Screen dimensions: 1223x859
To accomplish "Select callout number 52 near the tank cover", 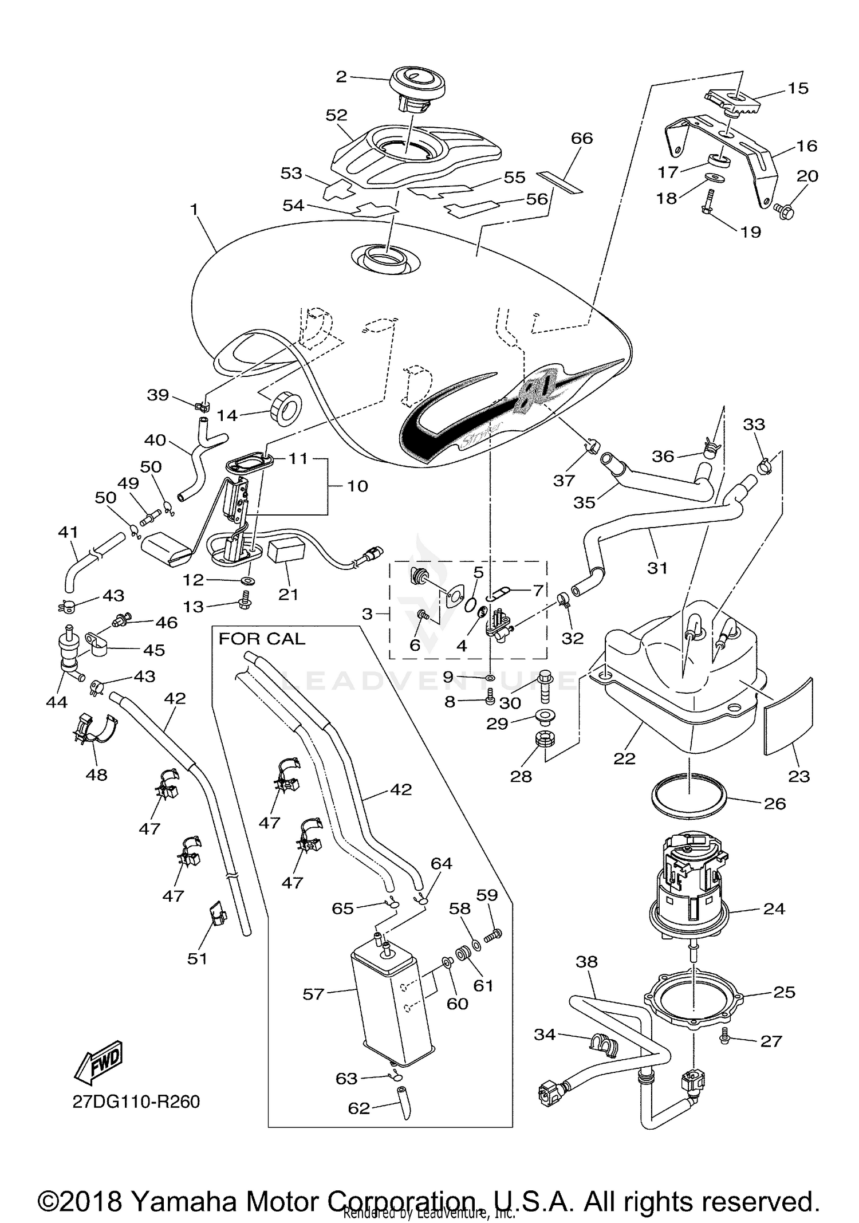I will [x=336, y=115].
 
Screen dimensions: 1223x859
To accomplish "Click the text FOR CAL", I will [x=262, y=639].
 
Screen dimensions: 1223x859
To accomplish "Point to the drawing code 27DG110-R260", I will [x=136, y=1102].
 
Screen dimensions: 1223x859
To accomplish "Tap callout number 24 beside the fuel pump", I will [x=774, y=909].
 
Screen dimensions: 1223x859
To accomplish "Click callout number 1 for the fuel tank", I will [x=194, y=210].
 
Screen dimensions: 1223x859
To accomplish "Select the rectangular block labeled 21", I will [x=286, y=551].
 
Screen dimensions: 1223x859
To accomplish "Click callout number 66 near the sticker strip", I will [x=582, y=138].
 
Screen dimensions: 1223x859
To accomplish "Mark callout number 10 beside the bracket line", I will [x=357, y=486].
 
